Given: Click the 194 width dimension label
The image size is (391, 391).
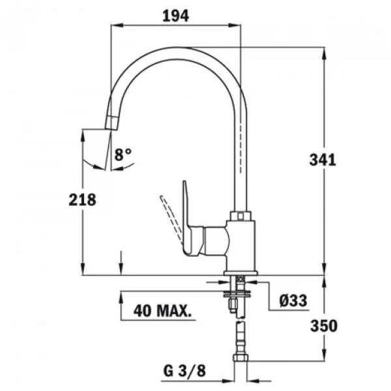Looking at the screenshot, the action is point(175,16).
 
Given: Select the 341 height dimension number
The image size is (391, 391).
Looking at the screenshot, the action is point(323,160).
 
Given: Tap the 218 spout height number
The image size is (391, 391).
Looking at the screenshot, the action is point(82,200).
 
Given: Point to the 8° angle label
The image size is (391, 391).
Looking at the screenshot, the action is point(123,154).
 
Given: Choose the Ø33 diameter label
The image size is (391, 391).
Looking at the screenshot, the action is point(293,300).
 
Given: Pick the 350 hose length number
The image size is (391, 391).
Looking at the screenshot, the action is point(324,326).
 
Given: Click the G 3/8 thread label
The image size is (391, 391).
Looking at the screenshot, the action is point(185,371).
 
